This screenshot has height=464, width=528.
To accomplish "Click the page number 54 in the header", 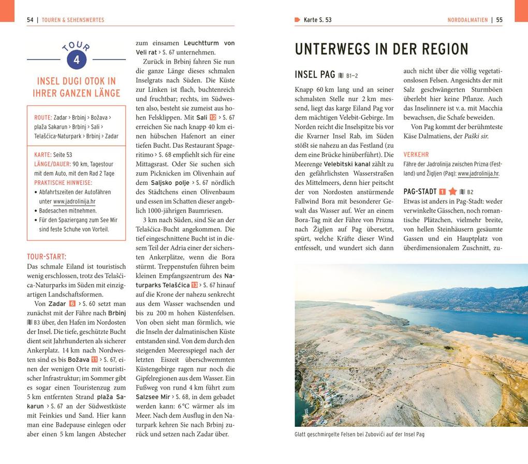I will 30,20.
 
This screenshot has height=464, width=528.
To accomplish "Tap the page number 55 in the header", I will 499,20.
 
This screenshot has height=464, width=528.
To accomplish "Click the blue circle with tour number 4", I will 77,60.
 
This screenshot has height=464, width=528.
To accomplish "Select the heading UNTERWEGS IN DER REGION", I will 382,50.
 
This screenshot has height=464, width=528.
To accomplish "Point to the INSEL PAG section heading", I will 315,74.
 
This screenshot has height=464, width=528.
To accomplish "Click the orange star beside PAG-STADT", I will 452,192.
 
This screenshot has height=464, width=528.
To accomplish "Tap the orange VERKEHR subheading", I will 416,154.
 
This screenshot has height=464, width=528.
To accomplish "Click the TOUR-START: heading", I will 47,257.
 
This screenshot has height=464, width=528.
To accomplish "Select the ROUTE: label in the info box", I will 43,117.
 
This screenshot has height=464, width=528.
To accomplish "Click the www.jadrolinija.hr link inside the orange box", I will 74,202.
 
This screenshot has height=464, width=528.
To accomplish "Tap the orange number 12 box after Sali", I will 213,117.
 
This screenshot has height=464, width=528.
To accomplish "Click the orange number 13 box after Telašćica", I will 195,285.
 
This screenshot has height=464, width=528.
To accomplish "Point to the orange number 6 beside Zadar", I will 72,304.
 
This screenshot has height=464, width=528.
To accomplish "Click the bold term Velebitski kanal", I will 347,164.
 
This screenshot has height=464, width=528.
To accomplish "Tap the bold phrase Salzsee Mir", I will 153,397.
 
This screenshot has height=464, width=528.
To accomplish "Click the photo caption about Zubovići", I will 359,435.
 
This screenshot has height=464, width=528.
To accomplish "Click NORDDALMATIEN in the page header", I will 467,20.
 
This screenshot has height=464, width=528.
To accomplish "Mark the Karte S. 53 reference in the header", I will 317,20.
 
